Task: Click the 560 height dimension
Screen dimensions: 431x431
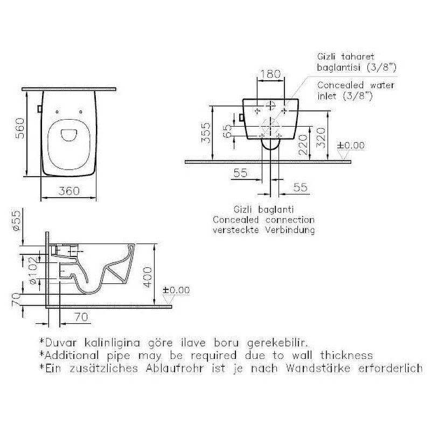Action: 20,128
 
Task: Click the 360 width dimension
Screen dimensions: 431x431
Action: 69,191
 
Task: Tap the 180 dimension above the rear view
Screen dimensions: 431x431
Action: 270,74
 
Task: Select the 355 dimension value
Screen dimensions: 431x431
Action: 206,133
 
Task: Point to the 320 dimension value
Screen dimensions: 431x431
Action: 321,138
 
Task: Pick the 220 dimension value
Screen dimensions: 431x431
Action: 303,145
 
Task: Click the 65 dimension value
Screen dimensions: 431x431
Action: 227,131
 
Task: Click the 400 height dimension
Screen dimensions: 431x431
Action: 148,277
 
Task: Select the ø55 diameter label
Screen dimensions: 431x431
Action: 17,221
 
